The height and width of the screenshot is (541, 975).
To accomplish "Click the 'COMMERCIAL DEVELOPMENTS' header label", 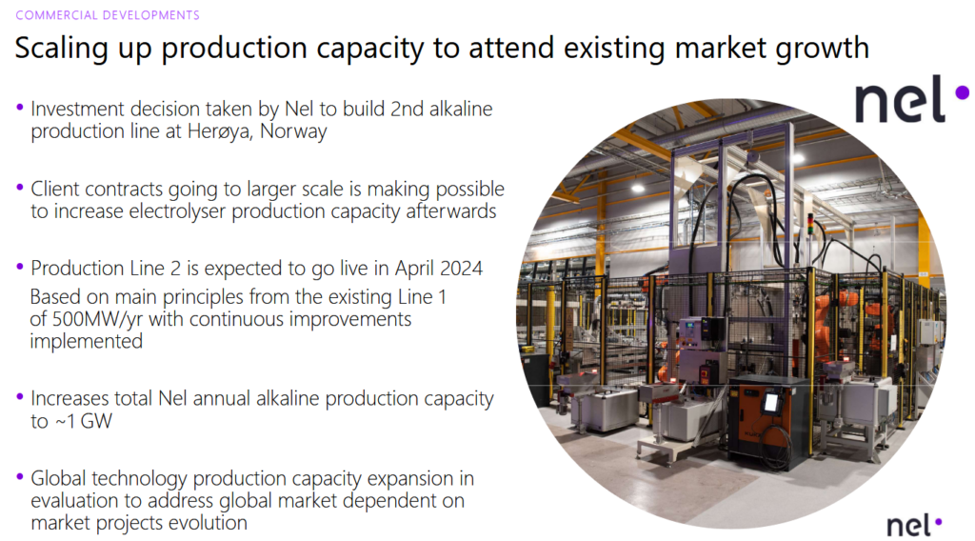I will click(108, 15).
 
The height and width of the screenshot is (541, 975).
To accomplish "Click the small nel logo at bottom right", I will click(913, 525).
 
